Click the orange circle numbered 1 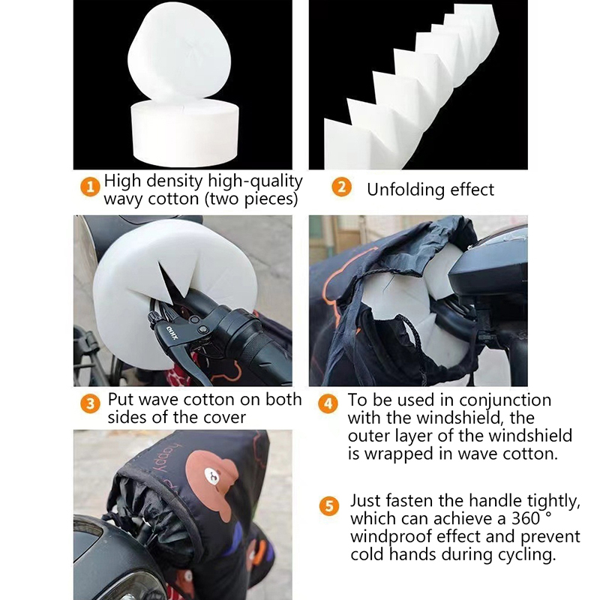tap(90, 187)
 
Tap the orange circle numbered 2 tap(341, 187)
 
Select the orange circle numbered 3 tap(90, 403)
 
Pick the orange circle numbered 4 tap(328, 403)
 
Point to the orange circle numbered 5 tap(329, 506)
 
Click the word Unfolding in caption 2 tap(405, 190)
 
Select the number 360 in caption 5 tap(526, 519)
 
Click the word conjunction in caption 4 tap(505, 400)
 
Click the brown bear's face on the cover tap(212, 475)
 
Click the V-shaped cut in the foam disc tap(172, 279)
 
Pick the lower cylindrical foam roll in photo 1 tap(184, 132)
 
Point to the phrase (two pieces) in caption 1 tap(252, 199)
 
